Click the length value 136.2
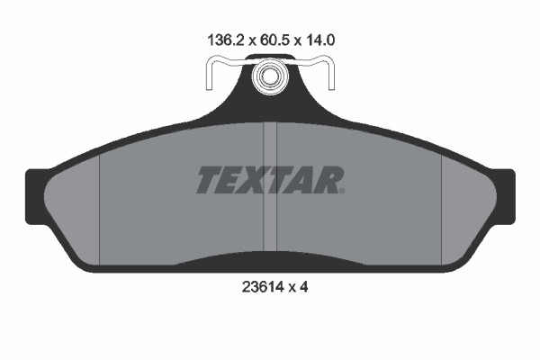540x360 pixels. tap(226, 40)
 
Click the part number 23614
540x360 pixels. tap(263, 286)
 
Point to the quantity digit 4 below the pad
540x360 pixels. tap(303, 286)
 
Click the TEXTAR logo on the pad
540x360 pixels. tap(270, 180)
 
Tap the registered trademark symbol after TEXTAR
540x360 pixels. tap(342, 191)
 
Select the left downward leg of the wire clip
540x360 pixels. tap(209, 75)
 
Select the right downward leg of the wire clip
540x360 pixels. tap(331, 75)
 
